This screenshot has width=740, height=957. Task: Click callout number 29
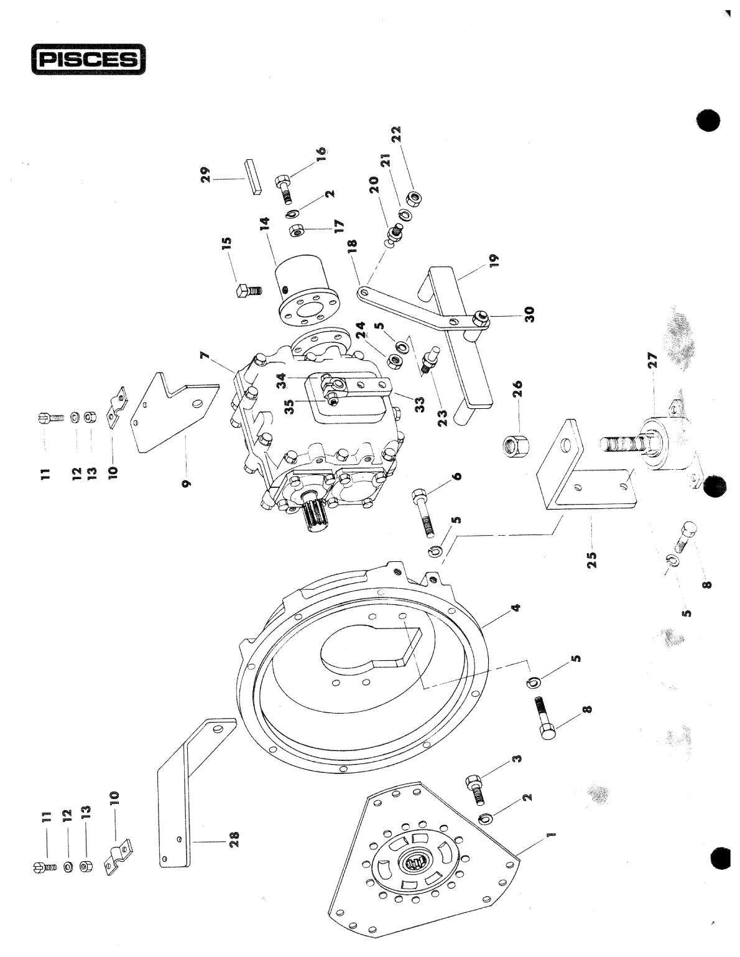pos(206,172)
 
